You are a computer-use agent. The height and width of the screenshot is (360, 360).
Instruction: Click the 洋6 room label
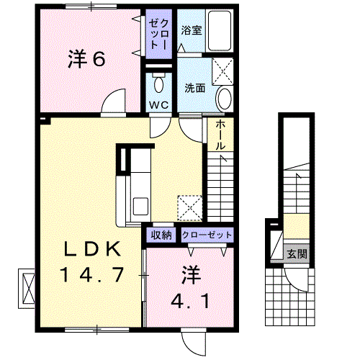coord(86,59)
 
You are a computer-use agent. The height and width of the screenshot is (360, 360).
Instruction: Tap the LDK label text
coord(92,249)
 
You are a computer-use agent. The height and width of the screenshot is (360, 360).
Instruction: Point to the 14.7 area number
coord(92,274)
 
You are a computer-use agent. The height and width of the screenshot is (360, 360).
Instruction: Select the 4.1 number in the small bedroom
coord(190,301)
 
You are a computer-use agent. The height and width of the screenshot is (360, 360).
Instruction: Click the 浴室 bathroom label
coord(191,30)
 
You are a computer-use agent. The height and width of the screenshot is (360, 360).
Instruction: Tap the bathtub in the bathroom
coord(220,30)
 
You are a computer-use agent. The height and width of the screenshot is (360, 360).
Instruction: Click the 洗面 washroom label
coord(194,88)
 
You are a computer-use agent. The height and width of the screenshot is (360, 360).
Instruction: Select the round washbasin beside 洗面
coord(225,99)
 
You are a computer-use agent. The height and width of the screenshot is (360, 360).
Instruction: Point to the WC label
coord(158,105)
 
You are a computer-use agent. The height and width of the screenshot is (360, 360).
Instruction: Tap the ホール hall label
coord(220,135)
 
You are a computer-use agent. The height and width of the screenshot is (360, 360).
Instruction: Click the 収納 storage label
coord(161,235)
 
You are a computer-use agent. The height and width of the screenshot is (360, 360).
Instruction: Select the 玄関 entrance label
coord(297,253)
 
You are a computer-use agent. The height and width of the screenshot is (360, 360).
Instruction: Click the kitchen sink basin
coord(140,206)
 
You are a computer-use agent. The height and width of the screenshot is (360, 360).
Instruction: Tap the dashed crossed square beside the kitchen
coord(189,208)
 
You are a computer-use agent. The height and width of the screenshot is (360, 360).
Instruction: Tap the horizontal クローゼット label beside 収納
coord(207,235)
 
